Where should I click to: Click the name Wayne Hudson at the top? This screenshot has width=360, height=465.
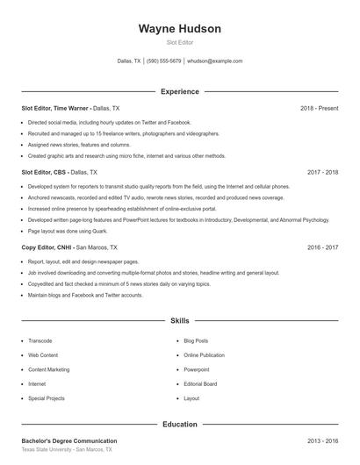[179, 29]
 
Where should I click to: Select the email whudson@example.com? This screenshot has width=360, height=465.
[215, 61]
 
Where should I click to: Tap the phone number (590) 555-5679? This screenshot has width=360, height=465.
[163, 61]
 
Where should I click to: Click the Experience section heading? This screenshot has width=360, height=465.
[179, 91]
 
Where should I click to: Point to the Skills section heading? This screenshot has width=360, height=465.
[179, 322]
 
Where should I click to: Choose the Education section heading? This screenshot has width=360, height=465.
[179, 425]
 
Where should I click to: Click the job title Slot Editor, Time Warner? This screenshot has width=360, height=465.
[55, 108]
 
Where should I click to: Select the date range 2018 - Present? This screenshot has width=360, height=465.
[319, 108]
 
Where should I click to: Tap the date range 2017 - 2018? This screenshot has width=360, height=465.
[322, 173]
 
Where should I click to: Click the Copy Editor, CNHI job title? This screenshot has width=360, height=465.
[47, 248]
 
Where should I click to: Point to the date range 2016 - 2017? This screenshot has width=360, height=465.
[322, 248]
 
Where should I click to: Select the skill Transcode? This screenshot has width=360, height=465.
[40, 340]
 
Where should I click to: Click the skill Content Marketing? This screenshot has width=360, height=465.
[48, 369]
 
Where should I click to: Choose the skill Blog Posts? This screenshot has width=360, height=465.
[196, 340]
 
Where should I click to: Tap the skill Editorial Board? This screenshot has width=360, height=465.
[200, 384]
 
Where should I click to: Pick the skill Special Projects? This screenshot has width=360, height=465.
[47, 398]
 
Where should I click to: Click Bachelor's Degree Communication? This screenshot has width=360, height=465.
[68, 440]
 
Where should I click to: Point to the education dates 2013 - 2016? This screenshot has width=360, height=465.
[322, 440]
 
